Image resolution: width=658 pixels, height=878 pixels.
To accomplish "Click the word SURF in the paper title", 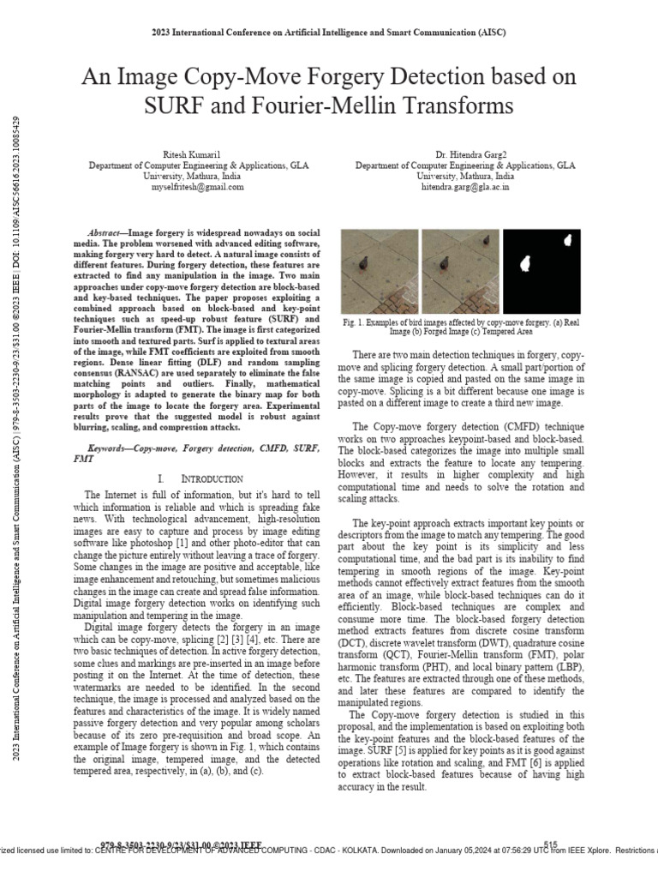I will (171, 106).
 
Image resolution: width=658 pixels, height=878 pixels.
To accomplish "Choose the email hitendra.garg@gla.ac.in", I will (465, 186).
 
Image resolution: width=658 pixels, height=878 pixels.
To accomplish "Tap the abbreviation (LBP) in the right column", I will (571, 666).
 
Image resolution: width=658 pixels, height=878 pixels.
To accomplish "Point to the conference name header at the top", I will (329, 33).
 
